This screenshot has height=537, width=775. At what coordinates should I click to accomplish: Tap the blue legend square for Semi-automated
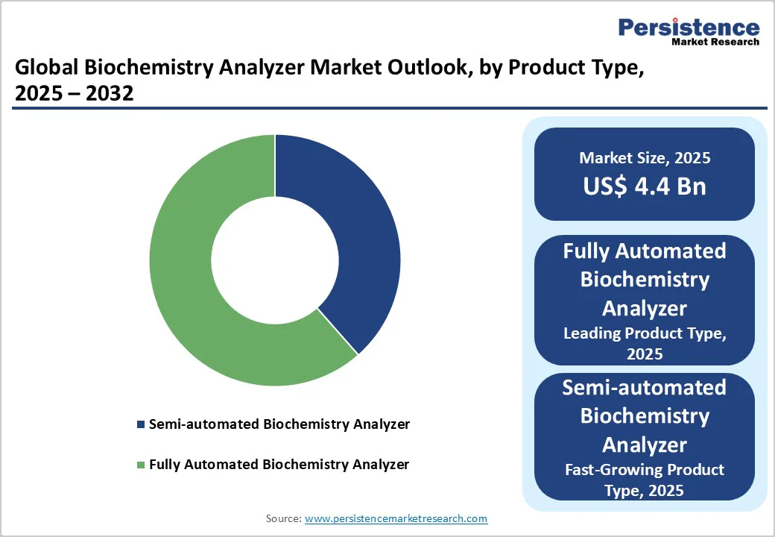tap(141, 424)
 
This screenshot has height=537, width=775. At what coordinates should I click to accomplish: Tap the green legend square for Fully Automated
tap(141, 465)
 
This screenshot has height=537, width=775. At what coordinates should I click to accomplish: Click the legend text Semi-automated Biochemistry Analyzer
tap(279, 424)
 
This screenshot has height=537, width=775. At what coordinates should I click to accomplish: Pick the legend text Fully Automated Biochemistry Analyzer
tap(279, 465)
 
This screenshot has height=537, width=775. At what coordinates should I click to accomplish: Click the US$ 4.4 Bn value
tap(645, 186)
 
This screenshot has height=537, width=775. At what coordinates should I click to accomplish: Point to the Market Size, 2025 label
tap(645, 158)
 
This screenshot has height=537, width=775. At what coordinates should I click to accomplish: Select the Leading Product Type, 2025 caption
tap(645, 343)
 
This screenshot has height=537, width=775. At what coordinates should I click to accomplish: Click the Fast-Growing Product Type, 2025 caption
tap(645, 480)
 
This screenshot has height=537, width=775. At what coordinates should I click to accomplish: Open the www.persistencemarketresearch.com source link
tap(396, 518)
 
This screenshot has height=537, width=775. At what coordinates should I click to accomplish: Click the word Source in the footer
tap(283, 518)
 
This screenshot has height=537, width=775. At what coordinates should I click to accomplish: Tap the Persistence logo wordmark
tap(689, 28)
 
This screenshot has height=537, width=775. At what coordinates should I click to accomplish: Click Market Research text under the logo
tap(715, 42)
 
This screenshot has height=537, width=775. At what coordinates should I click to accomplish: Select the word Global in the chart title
tap(46, 69)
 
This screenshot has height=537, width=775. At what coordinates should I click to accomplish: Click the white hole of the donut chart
tap(274, 260)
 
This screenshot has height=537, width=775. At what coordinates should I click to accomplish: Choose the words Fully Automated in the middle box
tap(645, 251)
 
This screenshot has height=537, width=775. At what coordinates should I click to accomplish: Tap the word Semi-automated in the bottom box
tap(645, 388)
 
